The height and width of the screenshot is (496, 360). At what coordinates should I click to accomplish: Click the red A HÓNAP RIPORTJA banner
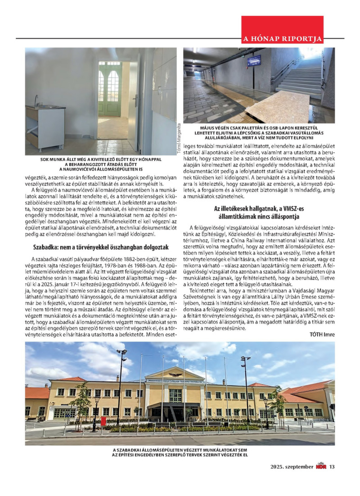[282, 38]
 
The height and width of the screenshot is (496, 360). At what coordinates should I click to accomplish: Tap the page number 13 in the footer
[332, 467]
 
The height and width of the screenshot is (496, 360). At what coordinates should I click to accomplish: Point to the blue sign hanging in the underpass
[254, 60]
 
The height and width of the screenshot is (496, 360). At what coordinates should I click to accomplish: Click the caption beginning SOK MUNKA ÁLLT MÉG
[100, 165]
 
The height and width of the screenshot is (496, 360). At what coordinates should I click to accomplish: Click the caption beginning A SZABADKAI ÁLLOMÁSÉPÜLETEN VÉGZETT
[180, 452]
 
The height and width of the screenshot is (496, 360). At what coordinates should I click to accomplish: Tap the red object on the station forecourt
[103, 420]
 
